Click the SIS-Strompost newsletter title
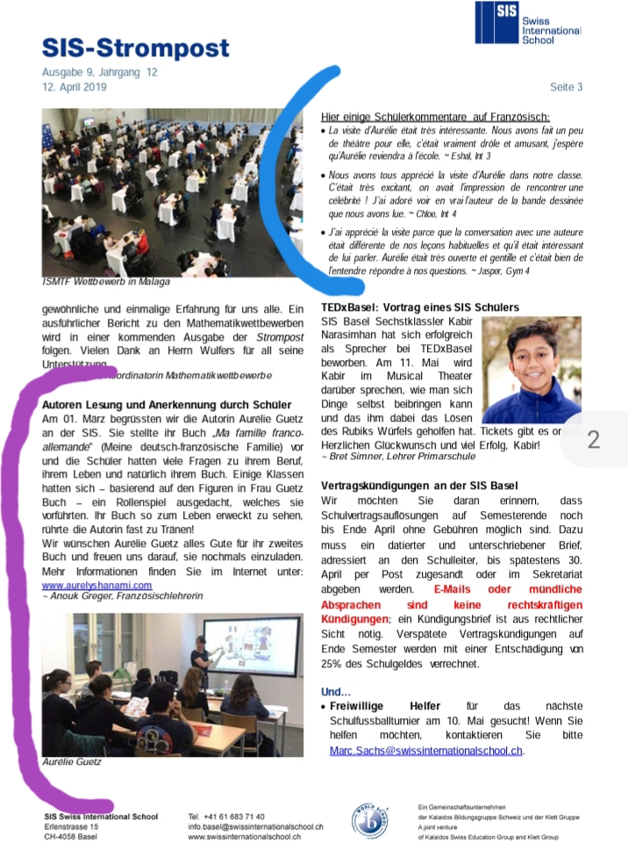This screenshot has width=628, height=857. coord(136,47)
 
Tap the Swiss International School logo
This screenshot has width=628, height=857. coord(526,24)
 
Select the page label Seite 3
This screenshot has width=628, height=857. coord(566,87)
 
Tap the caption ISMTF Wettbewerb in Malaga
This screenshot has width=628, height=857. coord(105,282)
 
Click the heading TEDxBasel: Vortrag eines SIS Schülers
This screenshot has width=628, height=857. coord(419,308)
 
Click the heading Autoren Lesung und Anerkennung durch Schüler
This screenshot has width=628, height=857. coord(167,403)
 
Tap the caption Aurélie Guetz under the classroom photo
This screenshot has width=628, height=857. coord(72,761)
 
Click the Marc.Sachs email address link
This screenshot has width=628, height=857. coord(426,751)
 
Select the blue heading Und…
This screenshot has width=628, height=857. coord(336,691)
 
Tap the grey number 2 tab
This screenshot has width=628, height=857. coord(594,439)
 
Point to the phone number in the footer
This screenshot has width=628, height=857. coord(226,817)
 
